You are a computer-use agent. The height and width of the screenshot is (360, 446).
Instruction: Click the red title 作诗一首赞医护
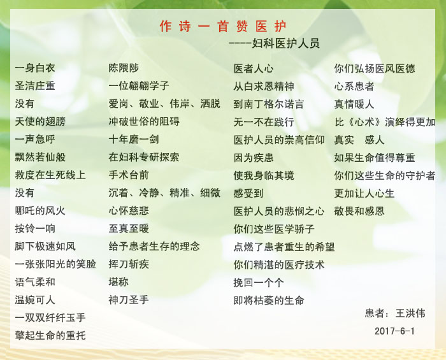pos(223,26)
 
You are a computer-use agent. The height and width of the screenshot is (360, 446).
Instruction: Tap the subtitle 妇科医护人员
pos(286,43)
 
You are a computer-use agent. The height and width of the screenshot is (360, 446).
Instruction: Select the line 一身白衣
pos(35,68)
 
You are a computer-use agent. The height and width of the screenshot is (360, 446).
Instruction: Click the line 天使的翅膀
pos(40,122)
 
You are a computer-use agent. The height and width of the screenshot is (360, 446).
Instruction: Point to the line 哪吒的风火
pos(40,211)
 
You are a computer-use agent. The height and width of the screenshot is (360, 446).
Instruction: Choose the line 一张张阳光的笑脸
pos(55,264)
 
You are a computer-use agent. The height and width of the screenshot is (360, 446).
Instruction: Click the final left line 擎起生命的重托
pos(50,336)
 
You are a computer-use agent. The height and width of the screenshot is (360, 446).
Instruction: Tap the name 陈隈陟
pos(124,68)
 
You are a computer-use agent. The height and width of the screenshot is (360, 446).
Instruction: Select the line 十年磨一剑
pos(134,140)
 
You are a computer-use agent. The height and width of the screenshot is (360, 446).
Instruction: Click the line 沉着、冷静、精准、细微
pos(164,193)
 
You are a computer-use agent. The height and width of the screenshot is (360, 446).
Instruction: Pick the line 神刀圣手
pos(129,299)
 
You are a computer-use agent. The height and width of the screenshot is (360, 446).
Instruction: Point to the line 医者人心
pos(254,69)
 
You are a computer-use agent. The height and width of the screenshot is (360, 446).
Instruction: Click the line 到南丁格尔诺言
pos(269,104)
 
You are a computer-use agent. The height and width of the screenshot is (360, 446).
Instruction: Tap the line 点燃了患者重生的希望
pos(284,247)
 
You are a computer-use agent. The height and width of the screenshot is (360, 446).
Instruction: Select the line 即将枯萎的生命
pos(269,300)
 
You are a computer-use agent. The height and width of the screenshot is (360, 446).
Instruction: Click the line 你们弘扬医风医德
pos(375,69)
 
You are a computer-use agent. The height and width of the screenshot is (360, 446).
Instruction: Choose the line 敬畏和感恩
pos(359,212)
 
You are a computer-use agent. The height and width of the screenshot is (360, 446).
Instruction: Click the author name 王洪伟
pos(410,313)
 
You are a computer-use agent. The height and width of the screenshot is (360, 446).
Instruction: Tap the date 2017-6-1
pos(394,331)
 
